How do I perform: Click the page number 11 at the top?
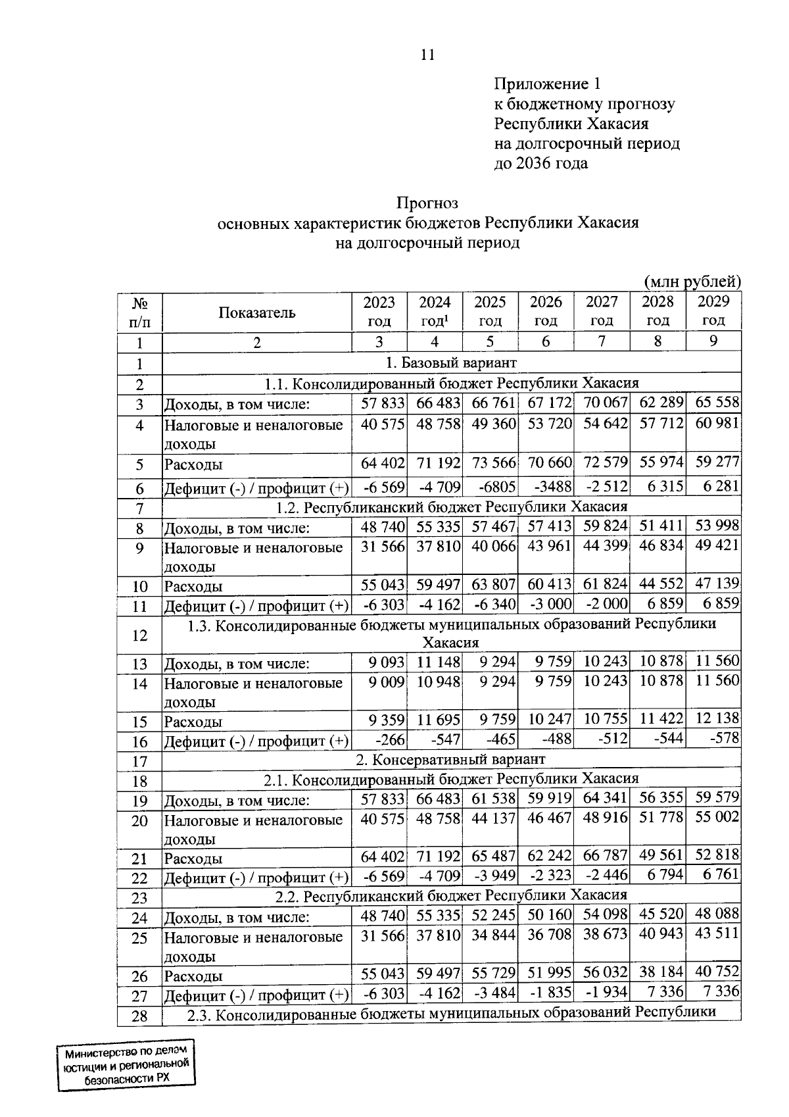pyautogui.click(x=427, y=55)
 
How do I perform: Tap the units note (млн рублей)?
pyautogui.click(x=692, y=282)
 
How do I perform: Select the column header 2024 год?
pyautogui.click(x=435, y=311)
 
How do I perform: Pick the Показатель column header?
pyautogui.click(x=257, y=312)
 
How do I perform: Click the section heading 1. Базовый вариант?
pyautogui.click(x=451, y=362)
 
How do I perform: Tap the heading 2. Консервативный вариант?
pyautogui.click(x=451, y=759)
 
